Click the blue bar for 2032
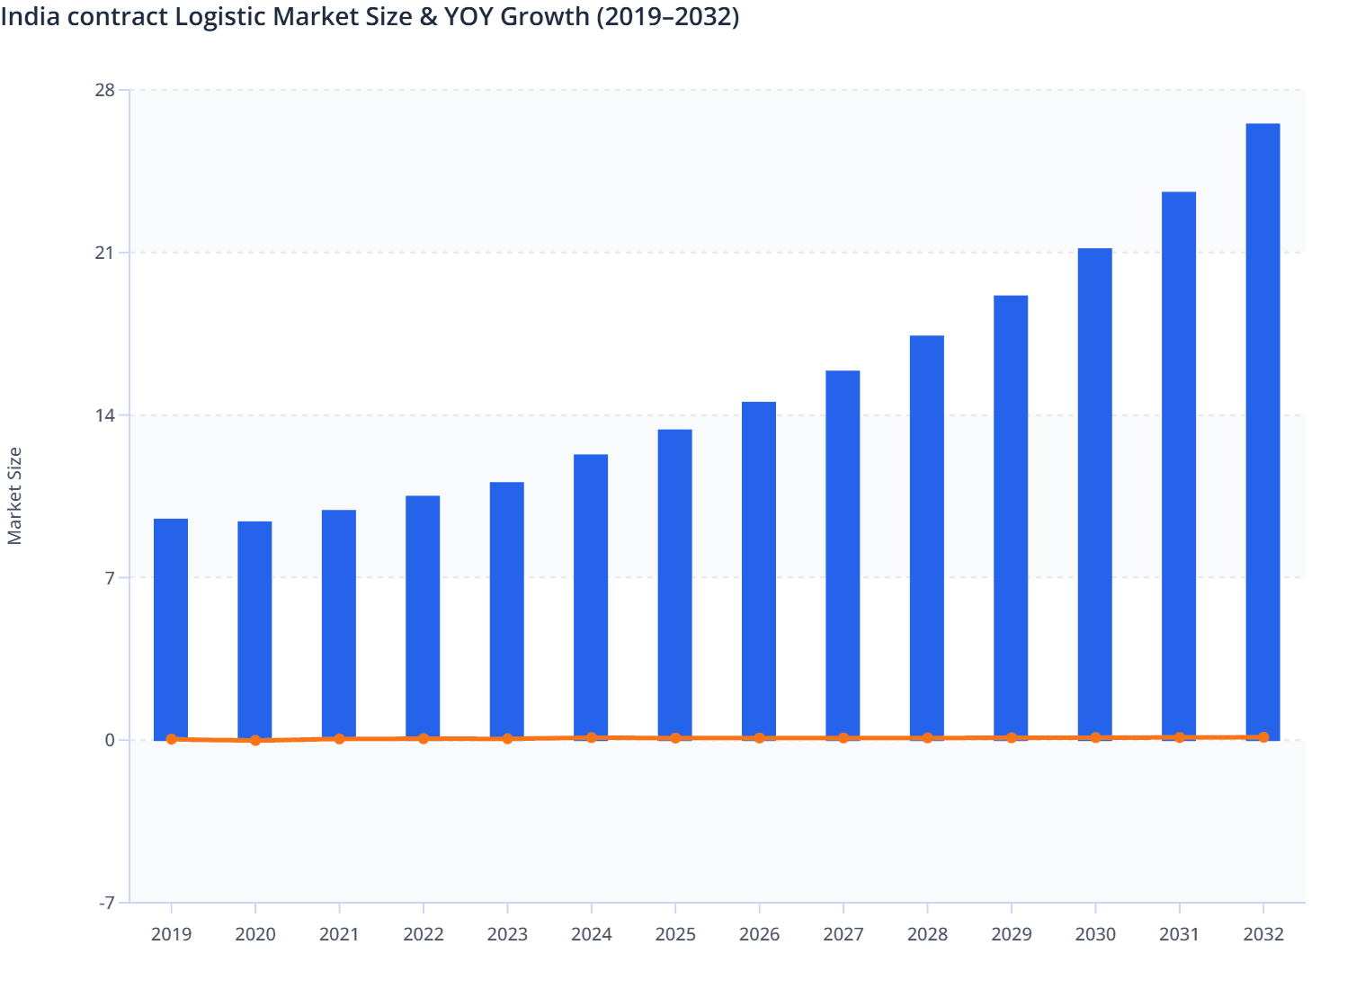1262,432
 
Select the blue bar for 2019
171,629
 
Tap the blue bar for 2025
674,584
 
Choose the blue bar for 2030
1094,494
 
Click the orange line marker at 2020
255,741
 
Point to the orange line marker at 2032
1262,737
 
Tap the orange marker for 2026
759,738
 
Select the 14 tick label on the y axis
104,415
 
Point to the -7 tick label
106,903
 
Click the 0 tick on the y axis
110,740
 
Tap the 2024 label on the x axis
591,934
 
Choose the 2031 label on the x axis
1179,934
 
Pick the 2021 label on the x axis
339,934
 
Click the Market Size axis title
14,496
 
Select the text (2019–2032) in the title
667,17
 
